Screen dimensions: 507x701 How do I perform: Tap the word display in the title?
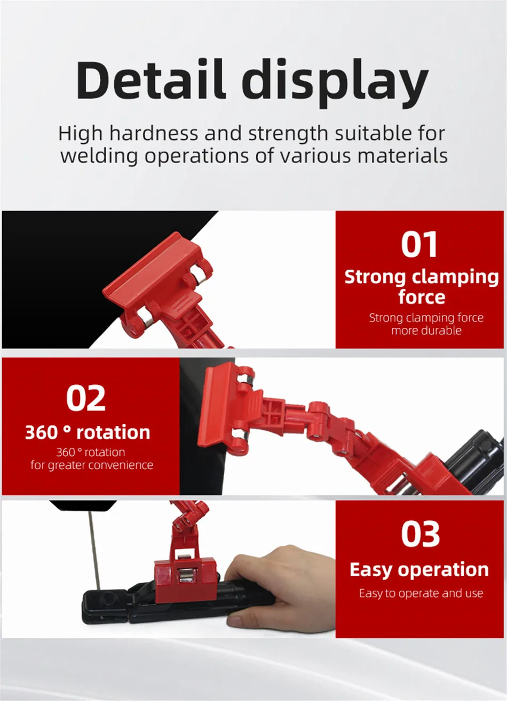(335, 83)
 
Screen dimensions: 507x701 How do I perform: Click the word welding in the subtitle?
(99, 156)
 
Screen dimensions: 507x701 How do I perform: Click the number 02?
(86, 398)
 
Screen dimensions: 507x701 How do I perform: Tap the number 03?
(420, 534)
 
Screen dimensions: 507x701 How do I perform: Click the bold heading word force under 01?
(422, 297)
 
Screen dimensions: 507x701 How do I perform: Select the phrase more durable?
(426, 331)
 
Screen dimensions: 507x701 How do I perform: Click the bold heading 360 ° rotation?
(88, 432)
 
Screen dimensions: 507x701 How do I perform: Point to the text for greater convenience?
(92, 465)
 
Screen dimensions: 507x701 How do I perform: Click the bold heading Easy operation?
(419, 570)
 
